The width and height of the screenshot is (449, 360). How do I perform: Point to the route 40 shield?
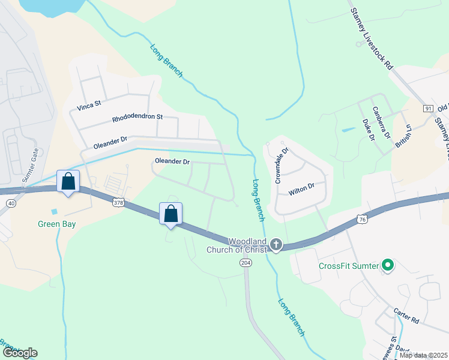click(11, 203)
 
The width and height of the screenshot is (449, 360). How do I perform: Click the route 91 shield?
click(428, 108)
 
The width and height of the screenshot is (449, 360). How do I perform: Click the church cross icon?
click(276, 244)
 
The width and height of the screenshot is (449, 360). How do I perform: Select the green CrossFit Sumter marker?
click(388, 264)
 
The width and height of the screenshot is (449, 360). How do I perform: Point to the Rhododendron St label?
click(137, 118)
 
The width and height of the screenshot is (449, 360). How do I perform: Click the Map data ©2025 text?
click(423, 355)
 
